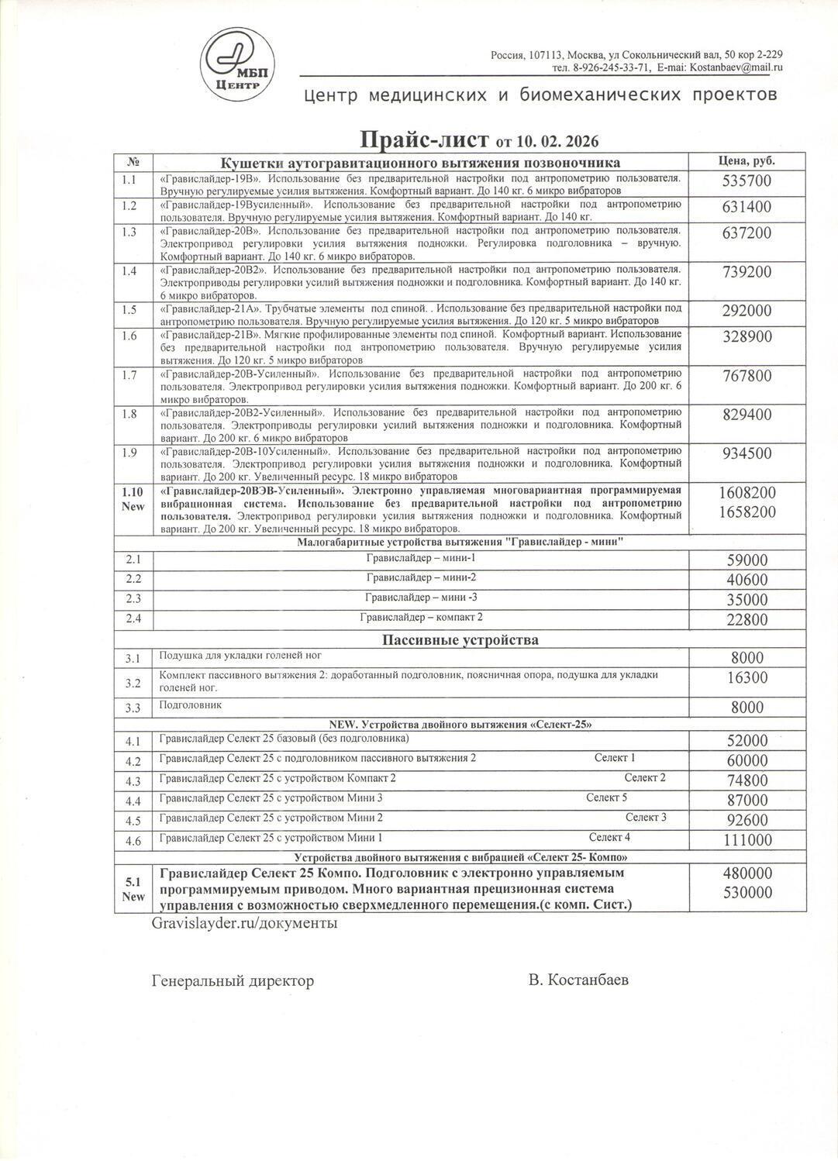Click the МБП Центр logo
238,65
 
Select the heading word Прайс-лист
423,140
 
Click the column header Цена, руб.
747,160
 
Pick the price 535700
747,181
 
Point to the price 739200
747,271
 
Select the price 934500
747,453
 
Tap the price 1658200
747,512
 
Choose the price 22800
747,619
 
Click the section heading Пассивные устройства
460,639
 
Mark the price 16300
747,677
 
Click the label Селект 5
606,798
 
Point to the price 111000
747,840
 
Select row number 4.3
133,781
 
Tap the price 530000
747,892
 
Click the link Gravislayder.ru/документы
243,923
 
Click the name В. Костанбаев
578,980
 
